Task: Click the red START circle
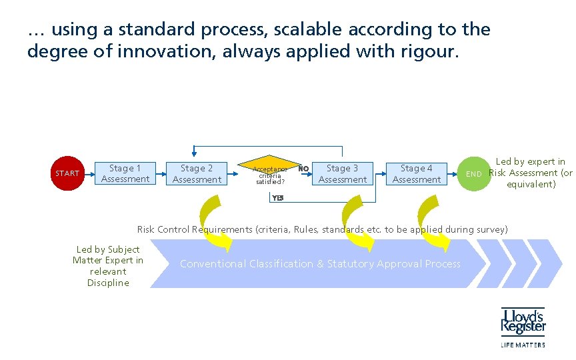pyautogui.click(x=67, y=173)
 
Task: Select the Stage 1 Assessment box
pyautogui.click(x=125, y=173)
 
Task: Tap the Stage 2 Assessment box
pyautogui.click(x=197, y=173)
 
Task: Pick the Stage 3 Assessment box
pyautogui.click(x=343, y=173)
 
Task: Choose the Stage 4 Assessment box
pyautogui.click(x=417, y=173)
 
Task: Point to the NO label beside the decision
pyautogui.click(x=303, y=169)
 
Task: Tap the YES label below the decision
pyautogui.click(x=278, y=197)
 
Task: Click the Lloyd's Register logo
pyautogui.click(x=523, y=321)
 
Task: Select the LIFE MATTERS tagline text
pyautogui.click(x=523, y=345)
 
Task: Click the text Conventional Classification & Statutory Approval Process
pyautogui.click(x=320, y=264)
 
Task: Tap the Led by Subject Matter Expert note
pyautogui.click(x=108, y=265)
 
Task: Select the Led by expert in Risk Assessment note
pyautogui.click(x=531, y=173)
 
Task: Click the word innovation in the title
pyautogui.click(x=159, y=51)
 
